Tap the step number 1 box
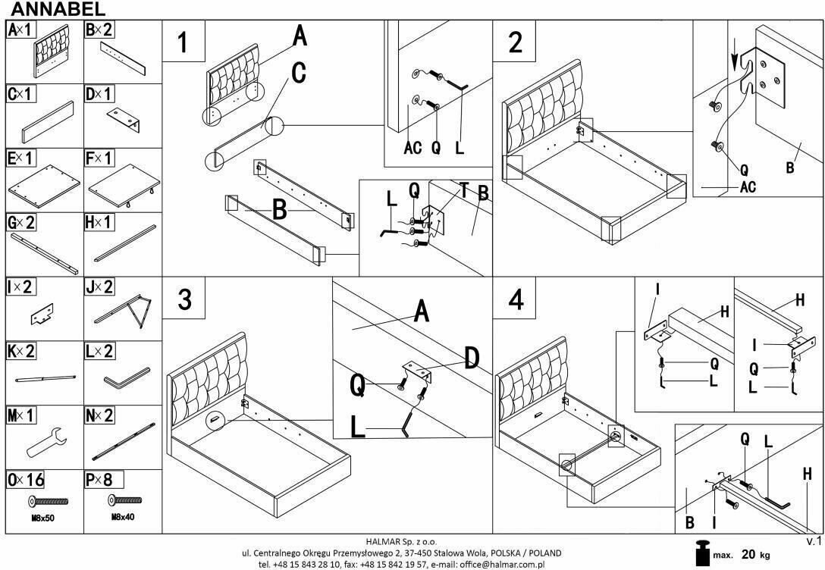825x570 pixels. (184, 42)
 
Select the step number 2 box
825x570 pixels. (515, 42)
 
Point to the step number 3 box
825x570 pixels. (184, 299)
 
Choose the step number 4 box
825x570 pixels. (516, 299)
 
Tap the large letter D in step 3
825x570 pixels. (471, 358)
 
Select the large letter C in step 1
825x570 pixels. (298, 73)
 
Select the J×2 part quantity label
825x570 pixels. (99, 287)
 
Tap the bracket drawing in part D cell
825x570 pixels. (122, 118)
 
